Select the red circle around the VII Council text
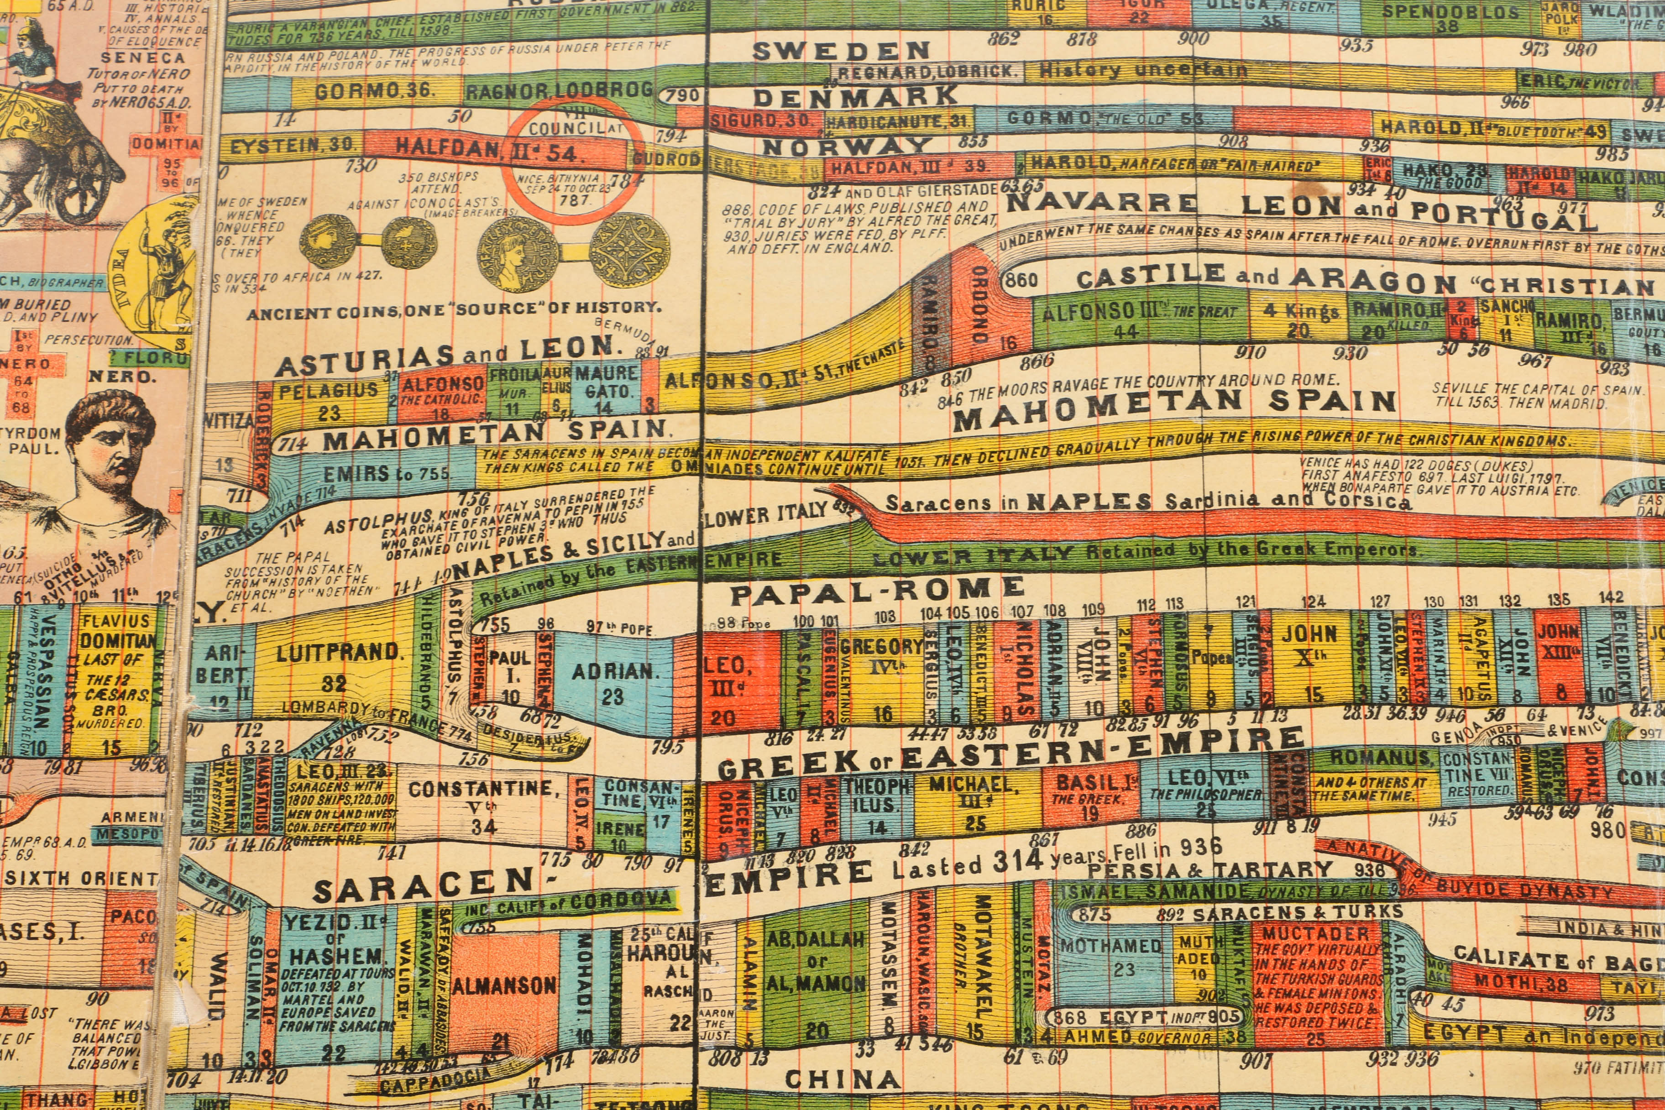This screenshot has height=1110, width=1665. [564, 160]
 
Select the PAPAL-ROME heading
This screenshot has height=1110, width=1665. [876, 590]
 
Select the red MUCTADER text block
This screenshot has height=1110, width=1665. [1317, 984]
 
